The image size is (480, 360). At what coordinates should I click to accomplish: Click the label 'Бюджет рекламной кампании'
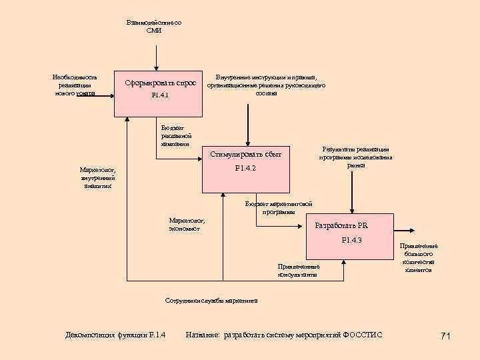(175, 135)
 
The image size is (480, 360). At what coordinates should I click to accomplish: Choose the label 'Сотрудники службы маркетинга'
(211, 300)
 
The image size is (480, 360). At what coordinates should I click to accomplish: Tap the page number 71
(446, 336)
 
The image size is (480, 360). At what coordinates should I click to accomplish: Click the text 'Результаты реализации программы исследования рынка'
(355, 157)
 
